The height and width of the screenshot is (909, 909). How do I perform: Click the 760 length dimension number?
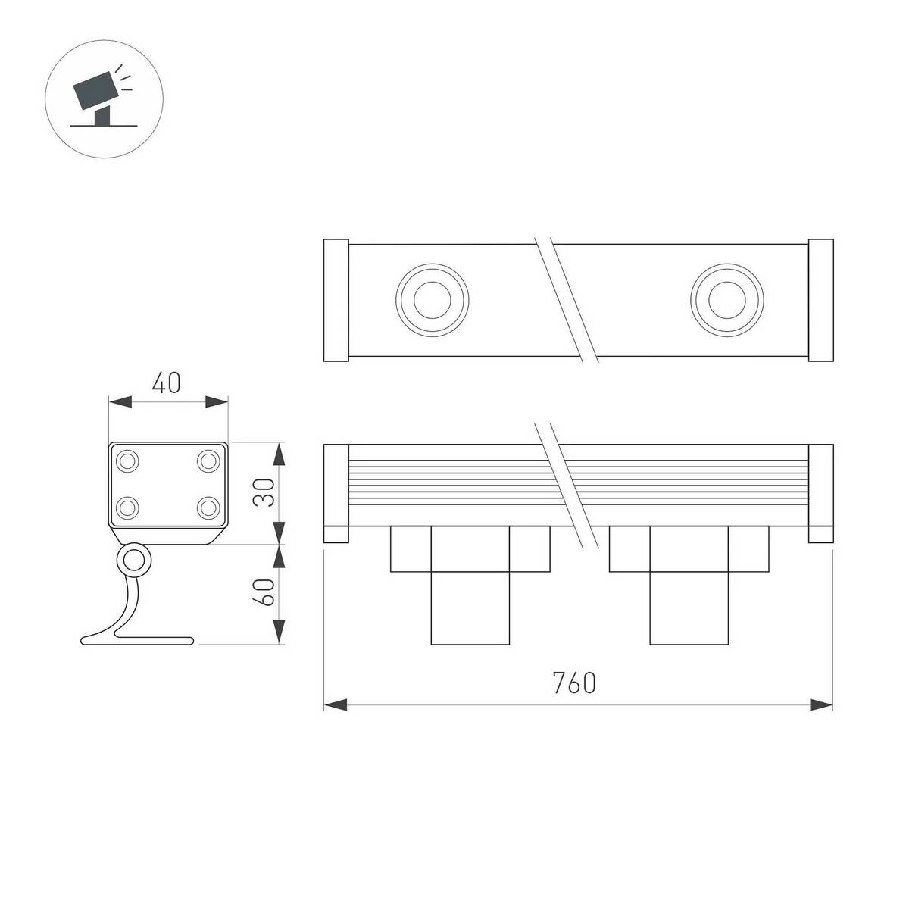(x=574, y=682)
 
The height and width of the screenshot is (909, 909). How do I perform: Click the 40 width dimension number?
(x=166, y=383)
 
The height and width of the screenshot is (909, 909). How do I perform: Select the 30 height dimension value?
(x=264, y=492)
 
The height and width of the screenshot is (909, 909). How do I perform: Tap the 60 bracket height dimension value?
(x=264, y=592)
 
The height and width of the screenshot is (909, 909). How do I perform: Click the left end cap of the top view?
(x=336, y=301)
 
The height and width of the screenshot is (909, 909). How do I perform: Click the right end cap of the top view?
(x=821, y=301)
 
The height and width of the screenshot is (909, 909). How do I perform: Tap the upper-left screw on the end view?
(x=127, y=461)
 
